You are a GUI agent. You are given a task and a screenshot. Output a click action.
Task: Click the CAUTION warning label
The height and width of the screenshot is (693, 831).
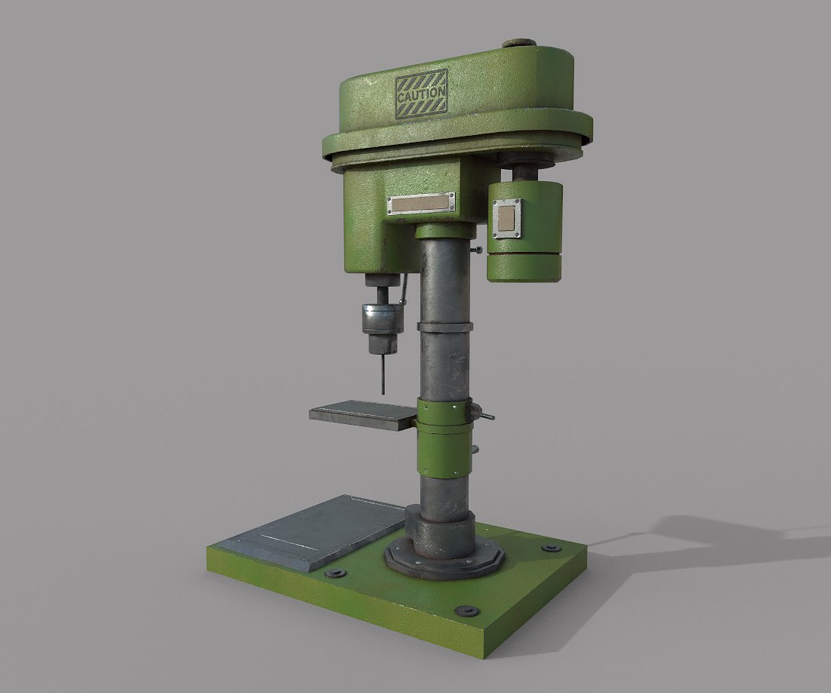(x=421, y=96)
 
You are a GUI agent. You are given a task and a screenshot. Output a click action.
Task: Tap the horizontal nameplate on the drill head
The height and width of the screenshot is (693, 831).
(x=421, y=205)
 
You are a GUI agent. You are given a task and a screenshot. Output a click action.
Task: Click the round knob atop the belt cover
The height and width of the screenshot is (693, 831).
(x=518, y=44)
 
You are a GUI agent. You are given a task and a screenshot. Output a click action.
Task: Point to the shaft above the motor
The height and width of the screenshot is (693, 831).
(x=526, y=172)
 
